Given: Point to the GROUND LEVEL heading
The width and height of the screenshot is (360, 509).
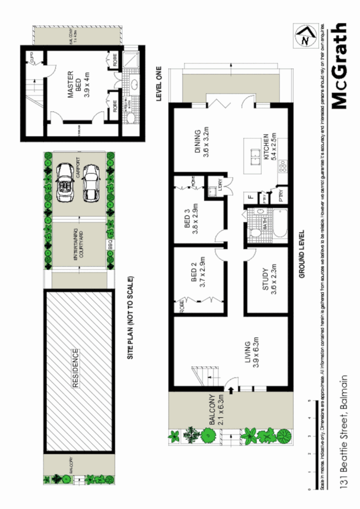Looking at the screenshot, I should click(x=301, y=253).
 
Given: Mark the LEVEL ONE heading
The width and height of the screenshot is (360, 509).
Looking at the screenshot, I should click(x=158, y=83).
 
